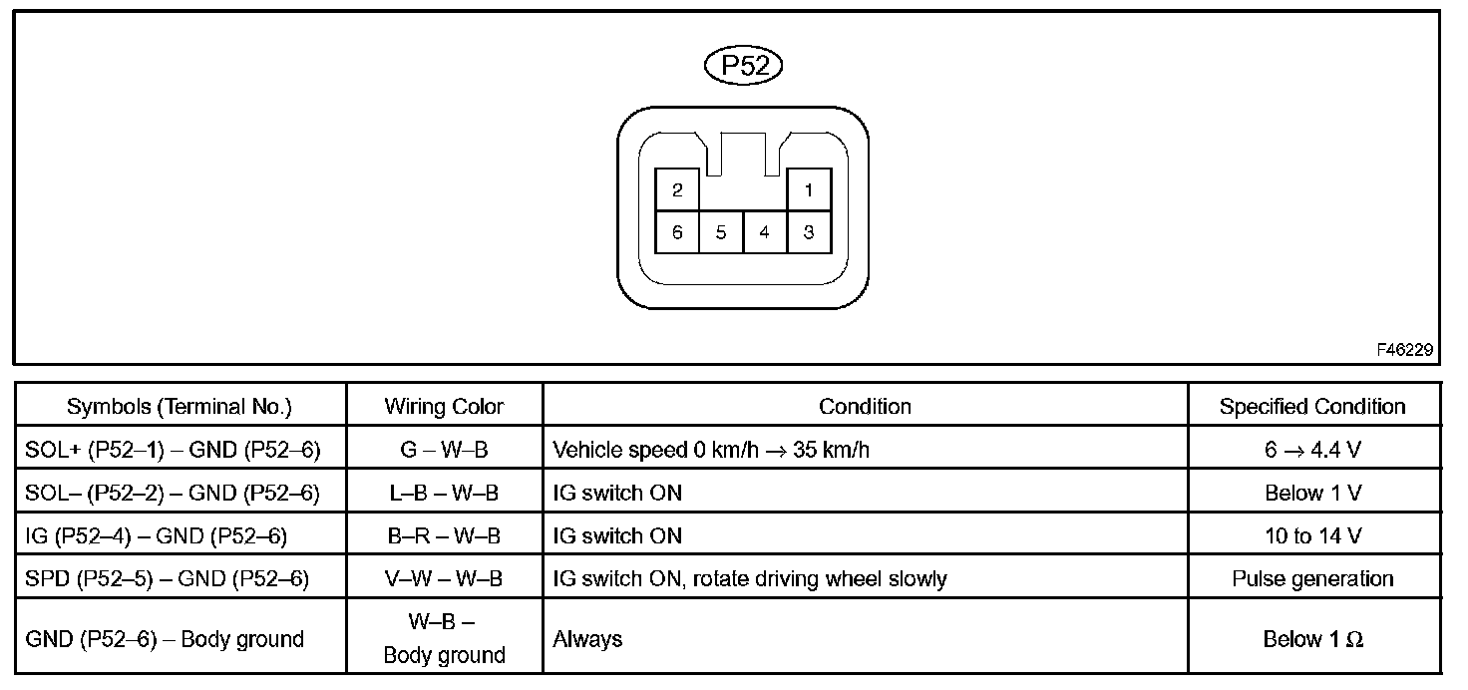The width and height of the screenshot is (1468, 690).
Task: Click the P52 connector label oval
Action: (743, 67)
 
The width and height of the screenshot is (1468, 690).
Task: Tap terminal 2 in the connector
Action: (677, 189)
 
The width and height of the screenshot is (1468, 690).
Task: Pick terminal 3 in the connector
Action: (808, 232)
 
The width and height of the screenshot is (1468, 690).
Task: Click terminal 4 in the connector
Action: (764, 232)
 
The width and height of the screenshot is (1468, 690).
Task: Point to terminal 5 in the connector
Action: (720, 232)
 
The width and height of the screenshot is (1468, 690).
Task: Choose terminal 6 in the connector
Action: (677, 232)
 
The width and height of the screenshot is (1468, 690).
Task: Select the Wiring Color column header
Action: (444, 407)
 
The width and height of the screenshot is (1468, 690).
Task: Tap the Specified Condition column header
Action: (1312, 407)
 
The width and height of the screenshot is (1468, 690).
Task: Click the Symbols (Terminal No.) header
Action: (180, 407)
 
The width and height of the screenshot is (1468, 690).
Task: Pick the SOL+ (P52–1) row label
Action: (174, 450)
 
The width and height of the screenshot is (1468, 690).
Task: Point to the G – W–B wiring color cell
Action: (444, 450)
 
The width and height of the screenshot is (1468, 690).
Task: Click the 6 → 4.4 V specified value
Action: (1312, 450)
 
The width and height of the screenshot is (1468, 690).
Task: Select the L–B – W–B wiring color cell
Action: (444, 493)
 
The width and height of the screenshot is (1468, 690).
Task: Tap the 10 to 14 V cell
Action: (1312, 535)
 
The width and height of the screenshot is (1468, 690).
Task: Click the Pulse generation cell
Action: (1312, 578)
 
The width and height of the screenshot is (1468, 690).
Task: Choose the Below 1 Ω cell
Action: (1312, 639)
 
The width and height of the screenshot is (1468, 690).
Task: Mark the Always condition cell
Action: (587, 639)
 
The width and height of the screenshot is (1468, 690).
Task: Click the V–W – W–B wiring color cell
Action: (444, 578)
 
